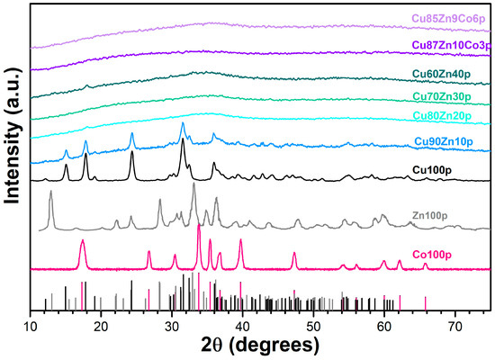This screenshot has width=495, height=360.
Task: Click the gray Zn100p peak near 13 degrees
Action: (x=51, y=192)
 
